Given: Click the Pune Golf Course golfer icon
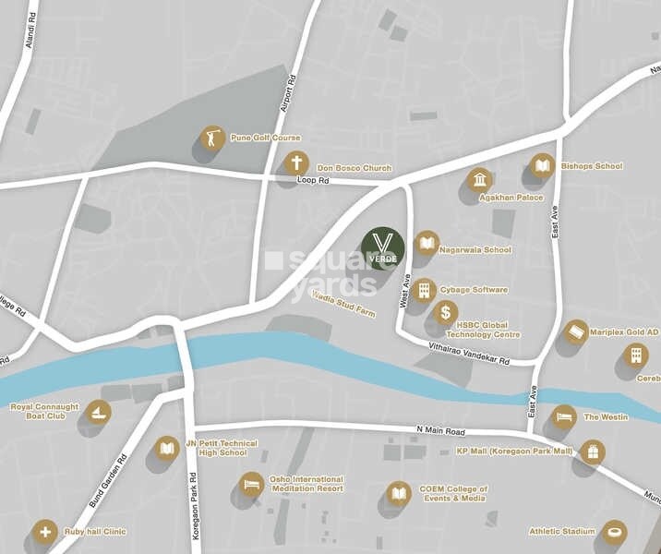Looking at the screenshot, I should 212,138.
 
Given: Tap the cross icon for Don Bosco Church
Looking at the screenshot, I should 295,164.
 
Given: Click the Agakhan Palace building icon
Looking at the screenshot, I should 479,180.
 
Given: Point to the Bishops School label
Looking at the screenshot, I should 591,166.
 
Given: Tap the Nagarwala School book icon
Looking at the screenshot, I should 426,243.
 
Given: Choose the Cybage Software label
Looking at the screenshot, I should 474,290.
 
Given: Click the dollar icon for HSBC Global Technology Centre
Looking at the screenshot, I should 445,312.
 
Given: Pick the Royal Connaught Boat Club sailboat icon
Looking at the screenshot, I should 98,412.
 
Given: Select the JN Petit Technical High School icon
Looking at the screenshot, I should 166,448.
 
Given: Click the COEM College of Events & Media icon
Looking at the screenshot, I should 398,493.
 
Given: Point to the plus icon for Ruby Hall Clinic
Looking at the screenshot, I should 43,532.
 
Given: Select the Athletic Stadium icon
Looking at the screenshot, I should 614,532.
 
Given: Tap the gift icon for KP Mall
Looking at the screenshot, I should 592,452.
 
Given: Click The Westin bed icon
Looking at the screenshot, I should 563,416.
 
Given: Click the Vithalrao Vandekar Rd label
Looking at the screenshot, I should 469,353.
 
